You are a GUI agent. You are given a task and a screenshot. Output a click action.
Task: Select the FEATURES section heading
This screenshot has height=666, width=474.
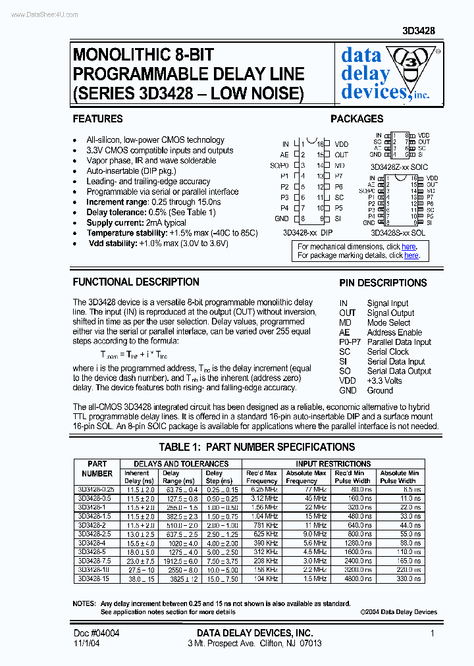click(x=97, y=119)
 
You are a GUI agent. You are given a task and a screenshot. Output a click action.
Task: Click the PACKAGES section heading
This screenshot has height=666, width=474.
click(x=357, y=119)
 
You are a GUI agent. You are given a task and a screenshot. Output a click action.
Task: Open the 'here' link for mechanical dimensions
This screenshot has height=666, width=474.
click(x=409, y=247)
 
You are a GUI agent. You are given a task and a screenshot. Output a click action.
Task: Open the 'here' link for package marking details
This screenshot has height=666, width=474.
click(x=411, y=255)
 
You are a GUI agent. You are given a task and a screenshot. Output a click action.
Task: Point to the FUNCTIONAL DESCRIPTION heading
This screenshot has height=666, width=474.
click(x=136, y=282)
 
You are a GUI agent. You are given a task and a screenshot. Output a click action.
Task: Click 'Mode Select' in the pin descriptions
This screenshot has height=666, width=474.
click(x=388, y=322)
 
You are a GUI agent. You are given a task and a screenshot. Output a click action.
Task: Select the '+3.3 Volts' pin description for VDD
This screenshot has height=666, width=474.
click(x=384, y=380)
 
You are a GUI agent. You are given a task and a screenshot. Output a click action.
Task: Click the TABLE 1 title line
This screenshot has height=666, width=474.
click(x=257, y=447)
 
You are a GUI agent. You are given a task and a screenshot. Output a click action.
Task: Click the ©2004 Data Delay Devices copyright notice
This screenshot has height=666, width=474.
click(x=398, y=611)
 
